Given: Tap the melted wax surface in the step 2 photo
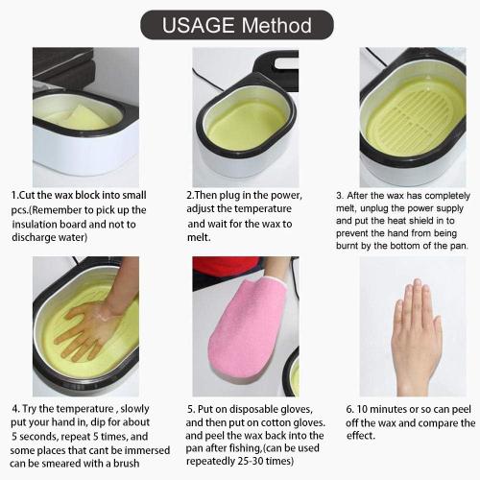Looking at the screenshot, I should tap(245, 125).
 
